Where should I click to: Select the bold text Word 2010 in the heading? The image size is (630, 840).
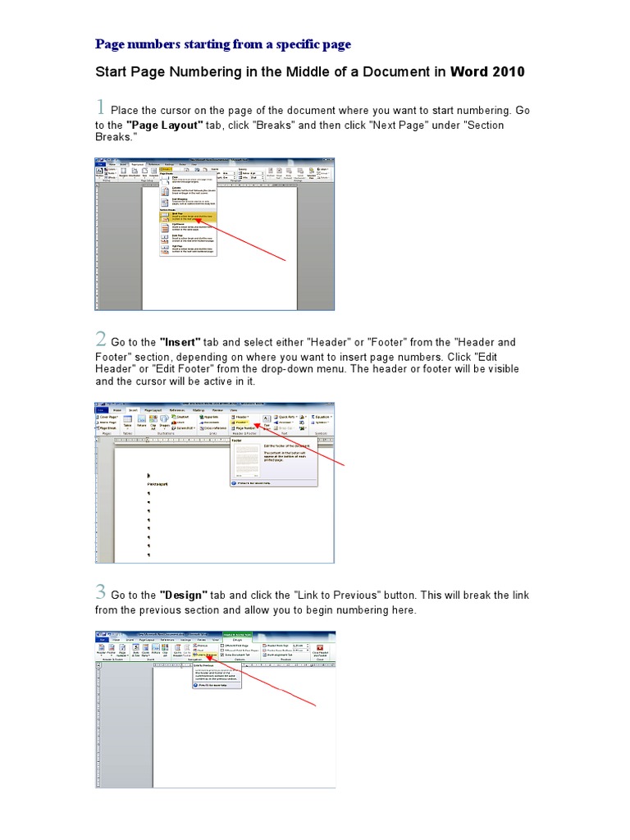pyautogui.click(x=487, y=72)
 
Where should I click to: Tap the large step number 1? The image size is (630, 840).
pyautogui.click(x=100, y=107)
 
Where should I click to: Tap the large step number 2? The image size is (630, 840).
pyautogui.click(x=101, y=339)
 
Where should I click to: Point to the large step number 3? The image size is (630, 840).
pyautogui.click(x=101, y=591)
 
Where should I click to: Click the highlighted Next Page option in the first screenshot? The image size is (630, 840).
pyautogui.click(x=187, y=217)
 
